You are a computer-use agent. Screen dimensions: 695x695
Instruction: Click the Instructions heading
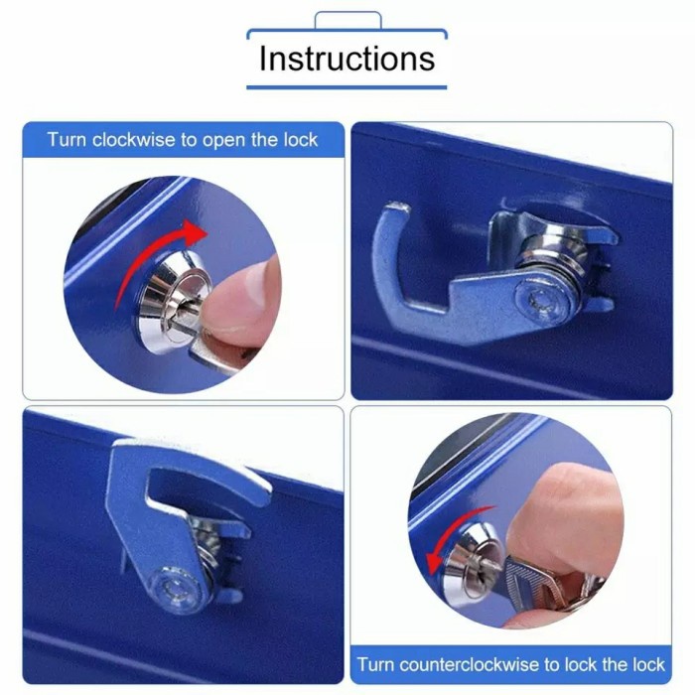(347, 58)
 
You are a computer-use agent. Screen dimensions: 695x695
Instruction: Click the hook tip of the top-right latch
(395, 209)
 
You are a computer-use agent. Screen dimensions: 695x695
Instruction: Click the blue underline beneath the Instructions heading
(347, 87)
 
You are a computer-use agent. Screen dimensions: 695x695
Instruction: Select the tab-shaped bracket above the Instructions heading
(347, 20)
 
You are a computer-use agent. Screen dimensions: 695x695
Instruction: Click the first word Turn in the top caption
(67, 140)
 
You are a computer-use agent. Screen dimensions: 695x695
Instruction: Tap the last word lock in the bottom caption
(656, 664)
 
